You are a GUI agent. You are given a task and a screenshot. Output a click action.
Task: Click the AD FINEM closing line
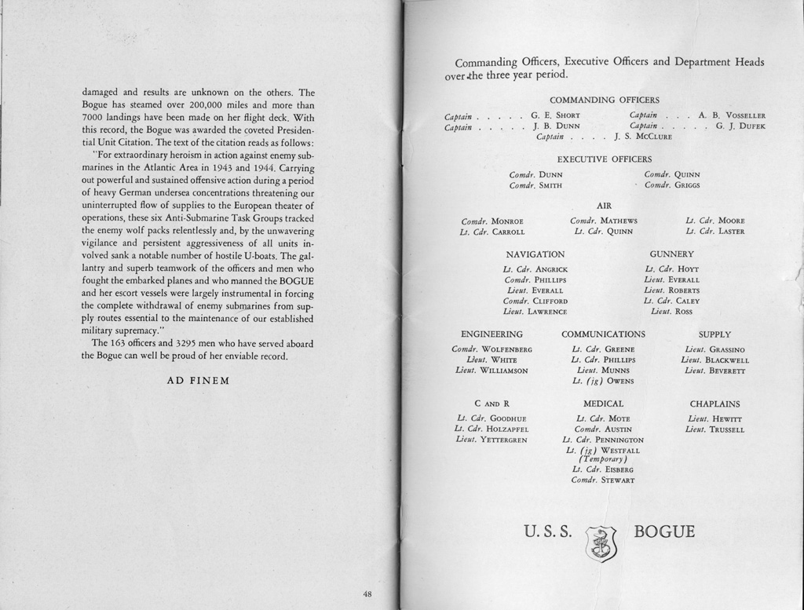tap(198, 381)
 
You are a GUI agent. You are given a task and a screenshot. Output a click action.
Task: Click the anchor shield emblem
tap(601, 543)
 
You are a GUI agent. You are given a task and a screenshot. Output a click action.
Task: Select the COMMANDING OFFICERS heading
tap(604, 100)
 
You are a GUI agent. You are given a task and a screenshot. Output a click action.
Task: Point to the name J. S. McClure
tap(643, 137)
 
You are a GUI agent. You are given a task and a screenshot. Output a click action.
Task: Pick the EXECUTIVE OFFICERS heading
tap(604, 159)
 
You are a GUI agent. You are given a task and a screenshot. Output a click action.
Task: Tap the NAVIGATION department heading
tap(535, 254)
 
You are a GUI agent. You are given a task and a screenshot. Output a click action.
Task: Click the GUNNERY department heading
tap(671, 254)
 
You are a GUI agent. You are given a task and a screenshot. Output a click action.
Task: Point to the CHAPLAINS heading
tap(714, 404)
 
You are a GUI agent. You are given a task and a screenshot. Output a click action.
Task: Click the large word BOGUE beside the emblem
tap(664, 531)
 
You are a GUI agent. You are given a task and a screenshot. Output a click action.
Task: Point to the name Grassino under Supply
tap(726, 349)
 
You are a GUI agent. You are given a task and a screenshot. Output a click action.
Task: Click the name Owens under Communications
tap(618, 381)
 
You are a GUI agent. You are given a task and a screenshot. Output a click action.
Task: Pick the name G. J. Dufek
tap(740, 126)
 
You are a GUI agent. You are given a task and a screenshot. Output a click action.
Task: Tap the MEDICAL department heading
tap(604, 404)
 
